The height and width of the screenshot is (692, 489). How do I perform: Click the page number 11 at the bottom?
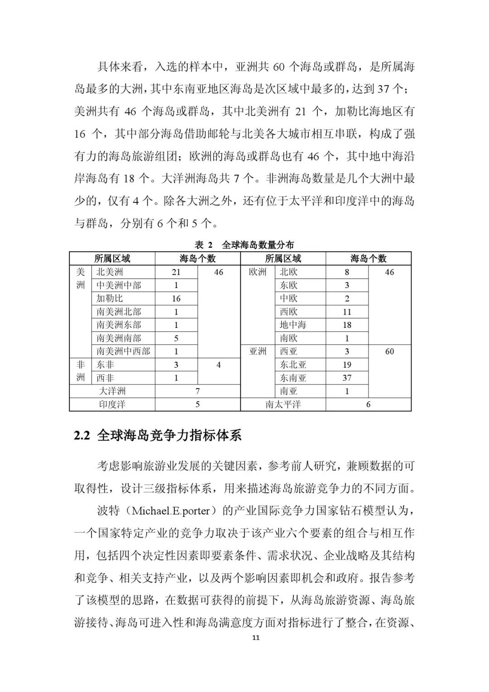point(256,638)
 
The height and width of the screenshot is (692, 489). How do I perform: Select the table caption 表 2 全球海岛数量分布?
point(244,245)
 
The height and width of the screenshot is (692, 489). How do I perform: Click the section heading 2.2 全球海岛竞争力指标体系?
point(158,435)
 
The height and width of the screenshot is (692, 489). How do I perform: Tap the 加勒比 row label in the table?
point(110,298)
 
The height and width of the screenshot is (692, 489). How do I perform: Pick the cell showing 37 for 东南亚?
point(347,378)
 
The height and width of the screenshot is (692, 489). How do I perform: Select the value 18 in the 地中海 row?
point(347,325)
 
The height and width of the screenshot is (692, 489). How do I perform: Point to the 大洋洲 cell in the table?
point(112,391)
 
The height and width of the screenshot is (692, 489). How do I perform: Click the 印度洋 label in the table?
point(112,404)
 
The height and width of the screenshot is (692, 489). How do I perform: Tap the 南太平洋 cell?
point(283,404)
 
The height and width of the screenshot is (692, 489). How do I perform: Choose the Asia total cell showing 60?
point(389,351)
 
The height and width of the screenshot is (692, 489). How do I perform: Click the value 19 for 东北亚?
point(347,365)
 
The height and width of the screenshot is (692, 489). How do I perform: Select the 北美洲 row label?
point(110,272)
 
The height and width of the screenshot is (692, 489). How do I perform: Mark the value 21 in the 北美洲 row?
point(176,272)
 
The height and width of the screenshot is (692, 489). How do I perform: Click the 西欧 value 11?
point(347,312)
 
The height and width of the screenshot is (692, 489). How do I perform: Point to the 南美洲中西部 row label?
point(123,351)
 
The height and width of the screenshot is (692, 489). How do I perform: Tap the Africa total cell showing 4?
point(219,365)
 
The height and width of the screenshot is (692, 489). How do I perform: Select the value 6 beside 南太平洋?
point(368,404)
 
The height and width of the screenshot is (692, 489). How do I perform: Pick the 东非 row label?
point(105,365)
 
